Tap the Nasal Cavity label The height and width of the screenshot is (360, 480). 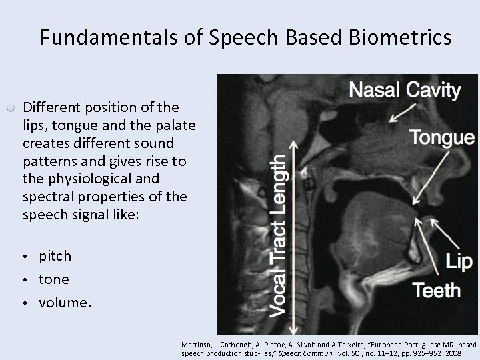tap(405, 91)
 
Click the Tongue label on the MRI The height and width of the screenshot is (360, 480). tap(441, 138)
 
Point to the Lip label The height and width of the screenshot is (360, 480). tap(459, 262)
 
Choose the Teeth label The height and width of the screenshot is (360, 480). tap(437, 291)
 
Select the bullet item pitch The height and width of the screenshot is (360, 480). tap(55, 256)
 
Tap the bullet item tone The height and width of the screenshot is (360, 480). tap(53, 279)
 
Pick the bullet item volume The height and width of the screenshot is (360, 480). tap(63, 303)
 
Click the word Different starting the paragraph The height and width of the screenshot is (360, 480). tap(49, 107)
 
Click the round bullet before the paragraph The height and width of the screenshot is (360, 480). tap(11, 107)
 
